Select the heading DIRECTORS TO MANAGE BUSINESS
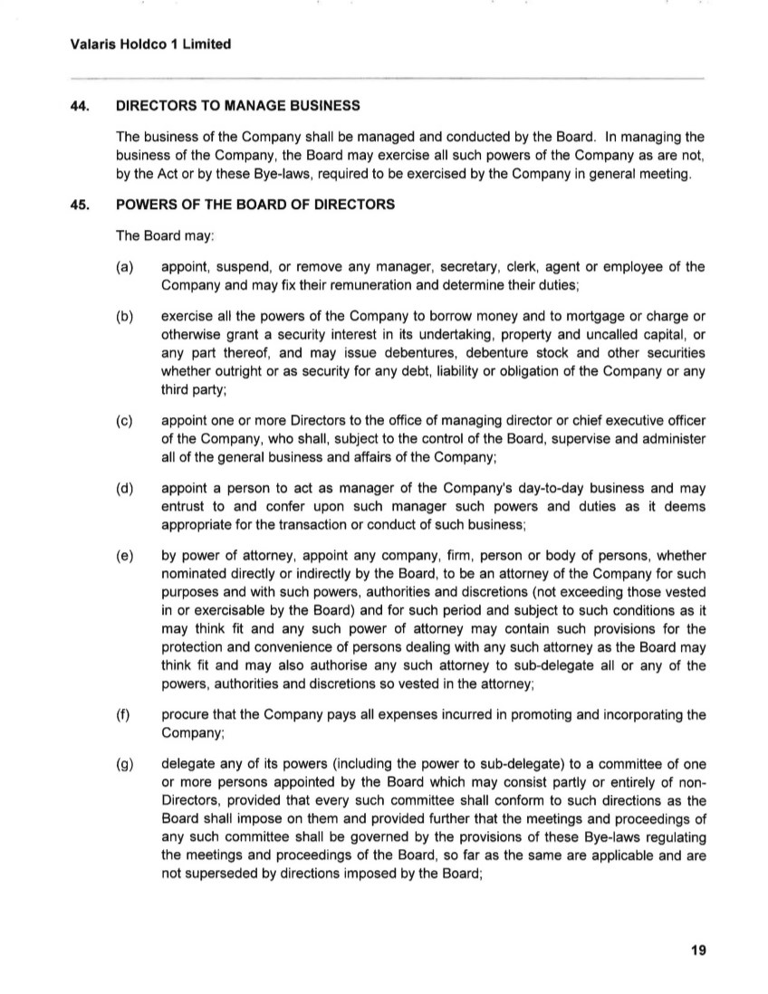[238, 106]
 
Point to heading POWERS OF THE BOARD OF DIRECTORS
[255, 205]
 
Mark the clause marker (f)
[125, 714]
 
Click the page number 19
[697, 950]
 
